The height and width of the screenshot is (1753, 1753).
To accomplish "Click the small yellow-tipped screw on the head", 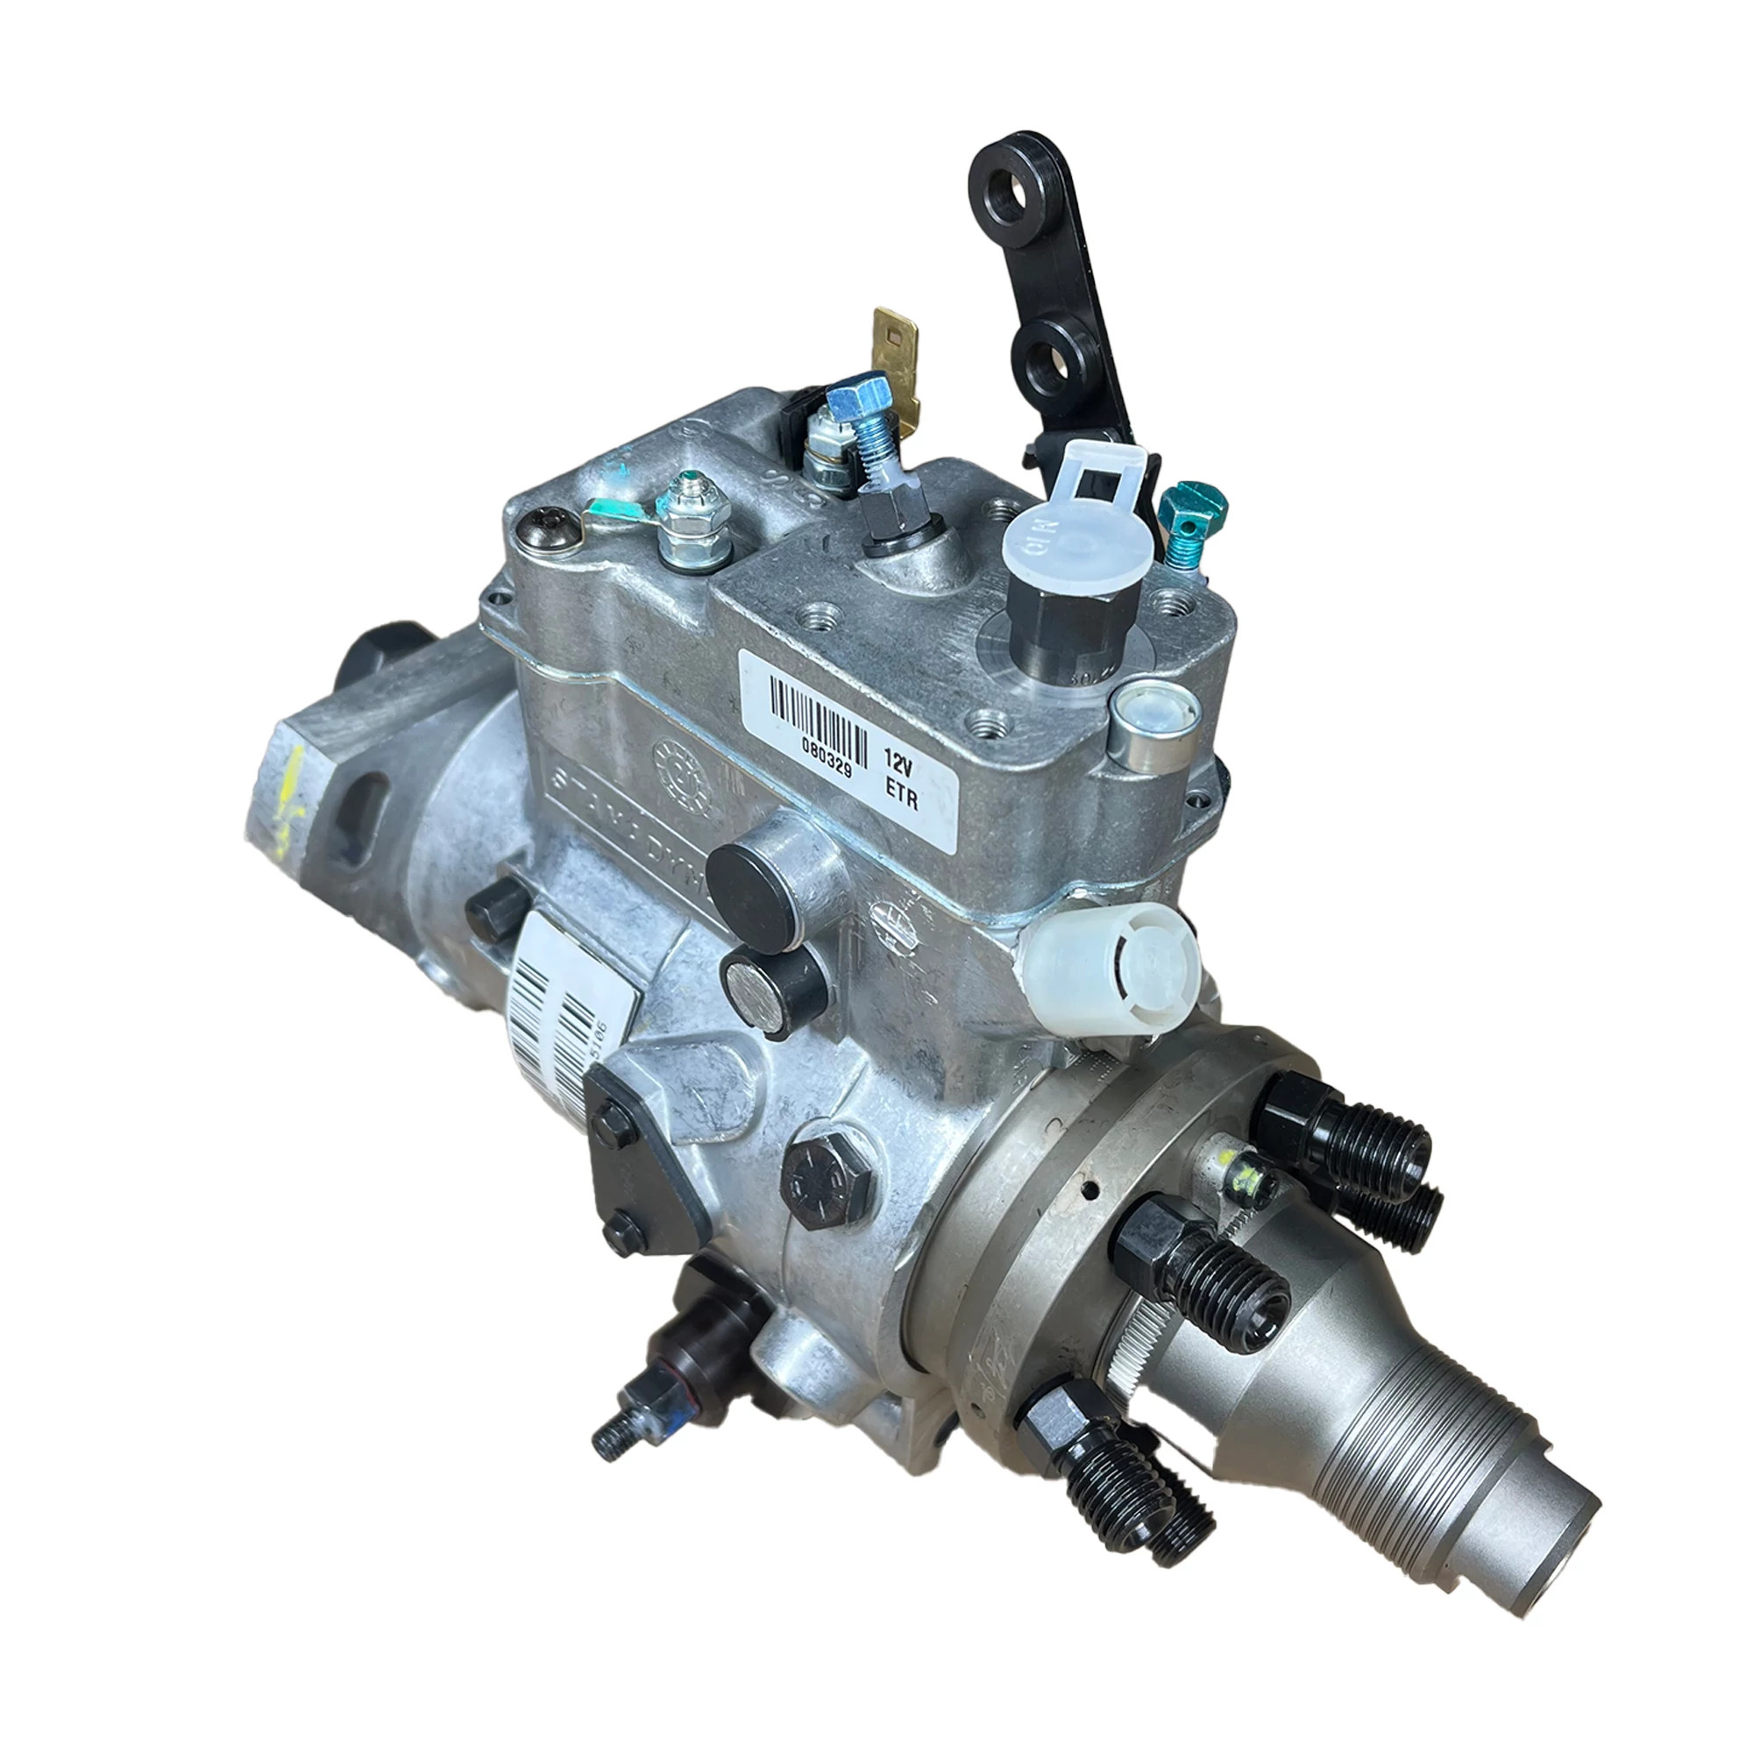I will pos(1248,1179).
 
